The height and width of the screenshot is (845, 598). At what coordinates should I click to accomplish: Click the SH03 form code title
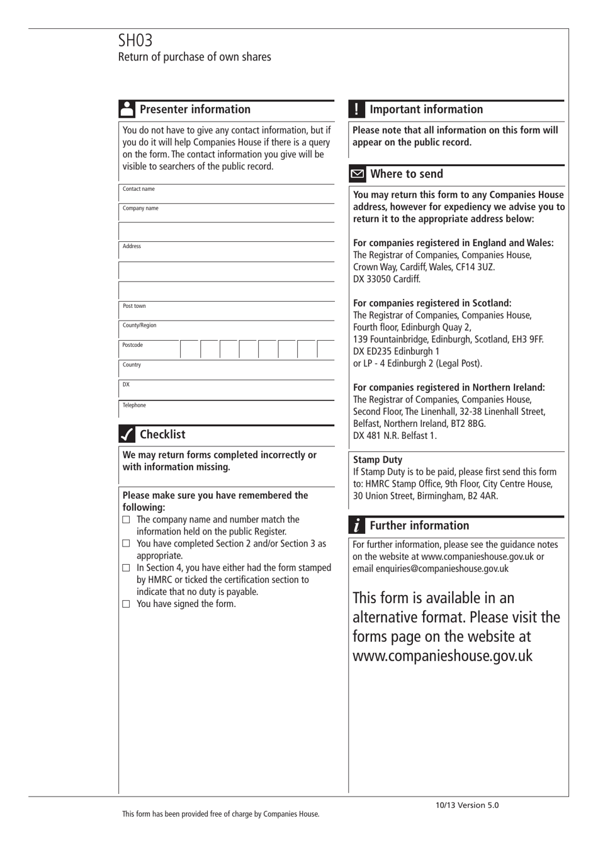tap(135, 41)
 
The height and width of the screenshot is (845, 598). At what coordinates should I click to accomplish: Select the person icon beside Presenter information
tap(127, 109)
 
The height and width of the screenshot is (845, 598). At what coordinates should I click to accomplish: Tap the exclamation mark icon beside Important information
tap(356, 109)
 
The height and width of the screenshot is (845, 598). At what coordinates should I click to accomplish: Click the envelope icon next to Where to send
tap(357, 174)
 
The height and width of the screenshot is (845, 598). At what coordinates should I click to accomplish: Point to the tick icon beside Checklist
tap(127, 434)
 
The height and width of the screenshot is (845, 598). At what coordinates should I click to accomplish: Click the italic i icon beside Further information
tap(356, 526)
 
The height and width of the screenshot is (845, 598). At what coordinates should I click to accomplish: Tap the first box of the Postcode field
tap(190, 349)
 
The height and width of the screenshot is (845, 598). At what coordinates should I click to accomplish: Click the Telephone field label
tap(134, 405)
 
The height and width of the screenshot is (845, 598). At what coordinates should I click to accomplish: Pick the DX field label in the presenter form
tap(126, 385)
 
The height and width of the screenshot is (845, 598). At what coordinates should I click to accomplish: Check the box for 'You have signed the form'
tap(126, 604)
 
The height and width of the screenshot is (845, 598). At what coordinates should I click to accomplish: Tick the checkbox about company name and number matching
tap(126, 520)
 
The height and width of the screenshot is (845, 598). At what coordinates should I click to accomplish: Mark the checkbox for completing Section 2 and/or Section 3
tap(126, 544)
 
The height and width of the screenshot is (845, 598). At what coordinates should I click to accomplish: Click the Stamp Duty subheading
tap(378, 460)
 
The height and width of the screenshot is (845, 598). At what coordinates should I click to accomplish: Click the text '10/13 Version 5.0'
tap(467, 805)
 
